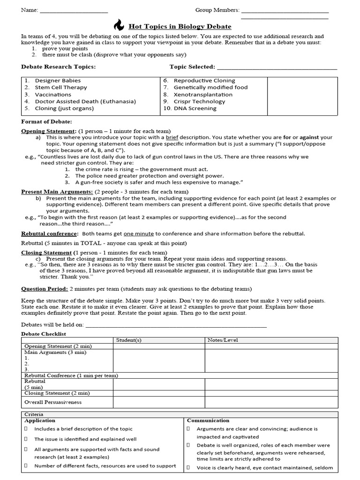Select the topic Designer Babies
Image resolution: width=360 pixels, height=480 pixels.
58,81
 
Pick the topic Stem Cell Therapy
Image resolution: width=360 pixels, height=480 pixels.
61,87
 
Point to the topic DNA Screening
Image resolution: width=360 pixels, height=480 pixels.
195,108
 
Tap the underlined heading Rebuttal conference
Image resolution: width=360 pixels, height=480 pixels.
49,233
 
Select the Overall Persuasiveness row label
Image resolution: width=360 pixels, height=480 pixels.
52,402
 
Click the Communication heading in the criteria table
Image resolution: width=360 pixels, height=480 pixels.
208,420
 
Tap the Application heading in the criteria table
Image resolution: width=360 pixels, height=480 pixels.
41,420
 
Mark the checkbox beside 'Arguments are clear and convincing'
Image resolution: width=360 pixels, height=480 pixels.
188,429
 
